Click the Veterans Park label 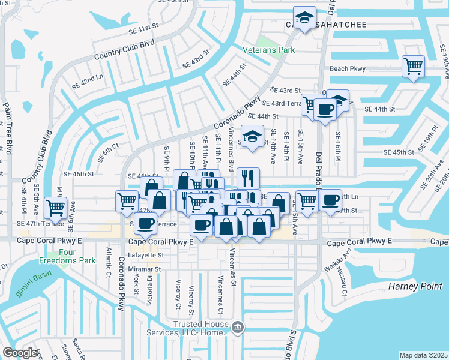[268, 50]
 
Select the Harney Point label [415, 286]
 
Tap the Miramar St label [145, 269]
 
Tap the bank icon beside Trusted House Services [238, 327]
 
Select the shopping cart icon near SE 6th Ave [56, 208]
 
